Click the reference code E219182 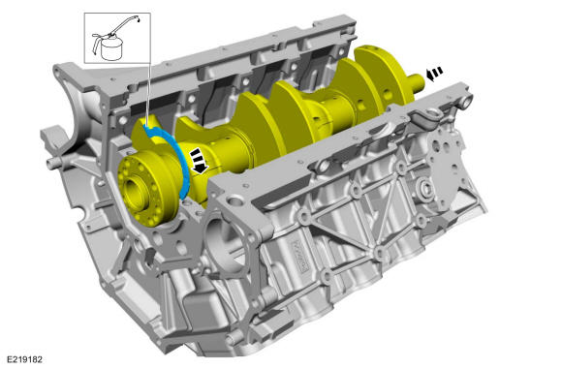24,359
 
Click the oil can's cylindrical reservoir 111,49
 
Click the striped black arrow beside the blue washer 199,161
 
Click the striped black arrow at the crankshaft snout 434,74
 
